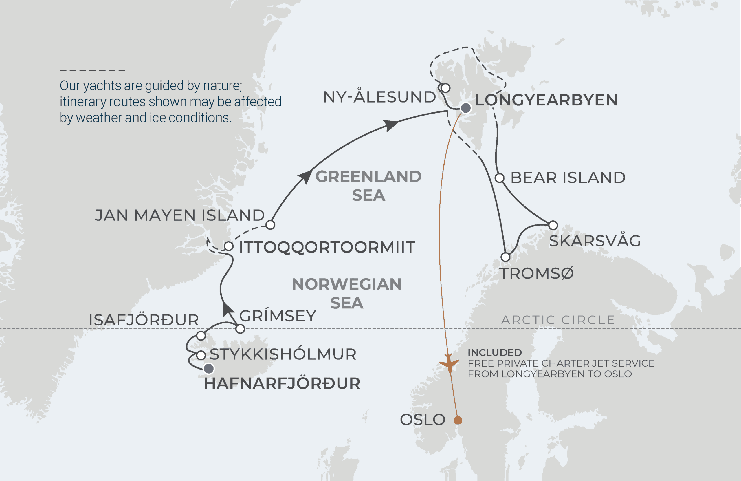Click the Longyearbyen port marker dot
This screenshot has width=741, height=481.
[465, 108]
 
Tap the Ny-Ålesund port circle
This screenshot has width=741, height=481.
[445, 88]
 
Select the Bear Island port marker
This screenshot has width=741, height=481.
[499, 178]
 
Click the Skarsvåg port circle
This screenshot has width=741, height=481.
[553, 225]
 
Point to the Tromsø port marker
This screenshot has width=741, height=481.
[506, 257]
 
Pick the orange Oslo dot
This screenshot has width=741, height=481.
[458, 420]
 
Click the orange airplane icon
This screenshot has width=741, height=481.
[449, 363]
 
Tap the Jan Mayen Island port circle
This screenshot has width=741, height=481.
[270, 225]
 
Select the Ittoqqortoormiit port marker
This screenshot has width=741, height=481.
[229, 246]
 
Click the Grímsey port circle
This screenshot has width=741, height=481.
[240, 329]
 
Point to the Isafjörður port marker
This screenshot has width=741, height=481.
[201, 336]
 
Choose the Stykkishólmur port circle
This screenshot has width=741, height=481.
[201, 355]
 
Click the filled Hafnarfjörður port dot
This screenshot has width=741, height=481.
[209, 369]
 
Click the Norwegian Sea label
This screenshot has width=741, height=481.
[346, 293]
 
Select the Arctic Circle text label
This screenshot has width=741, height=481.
[558, 320]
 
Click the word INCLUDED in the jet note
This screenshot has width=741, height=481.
[495, 353]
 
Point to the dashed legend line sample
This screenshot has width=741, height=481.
[92, 70]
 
